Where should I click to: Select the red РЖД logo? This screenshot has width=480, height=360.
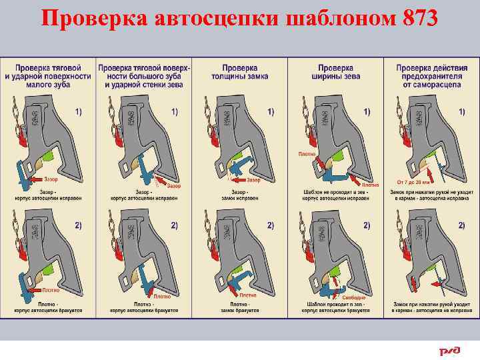449,350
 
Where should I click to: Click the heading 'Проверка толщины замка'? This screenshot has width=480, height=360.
240,72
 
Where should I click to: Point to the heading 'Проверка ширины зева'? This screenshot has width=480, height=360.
335,72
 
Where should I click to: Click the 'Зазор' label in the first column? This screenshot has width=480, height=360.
51,179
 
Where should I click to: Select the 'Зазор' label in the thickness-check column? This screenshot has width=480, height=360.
253,180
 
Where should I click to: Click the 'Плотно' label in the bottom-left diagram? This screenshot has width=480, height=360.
51,290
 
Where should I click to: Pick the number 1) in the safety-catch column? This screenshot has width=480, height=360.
461,111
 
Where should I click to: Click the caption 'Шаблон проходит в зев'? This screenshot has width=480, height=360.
335,305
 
